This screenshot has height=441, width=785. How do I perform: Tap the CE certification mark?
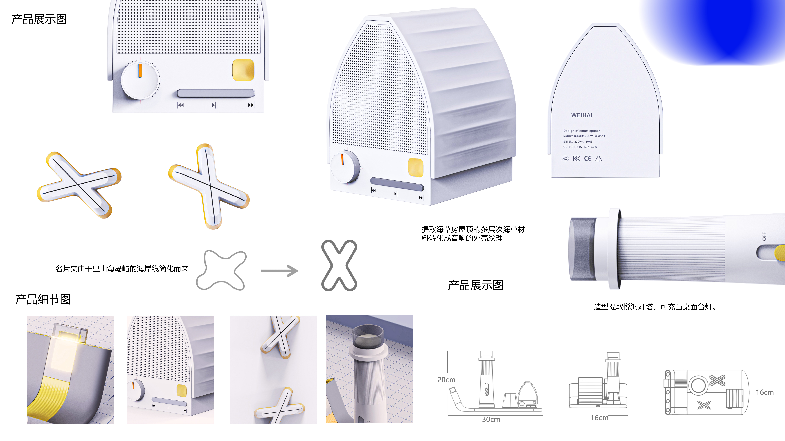(588, 159)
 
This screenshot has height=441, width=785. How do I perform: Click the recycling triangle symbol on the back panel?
(599, 159)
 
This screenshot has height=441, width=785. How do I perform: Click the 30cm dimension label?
(491, 419)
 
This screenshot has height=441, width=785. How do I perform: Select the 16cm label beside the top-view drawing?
(765, 392)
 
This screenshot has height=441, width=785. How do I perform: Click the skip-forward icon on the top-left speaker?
(251, 105)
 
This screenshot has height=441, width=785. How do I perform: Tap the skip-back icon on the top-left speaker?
(180, 105)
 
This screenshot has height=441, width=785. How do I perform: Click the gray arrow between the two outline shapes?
(280, 271)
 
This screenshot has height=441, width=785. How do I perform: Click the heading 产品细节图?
(43, 300)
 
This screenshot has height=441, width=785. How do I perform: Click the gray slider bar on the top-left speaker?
(216, 93)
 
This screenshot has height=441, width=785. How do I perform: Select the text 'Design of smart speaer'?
(581, 131)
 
